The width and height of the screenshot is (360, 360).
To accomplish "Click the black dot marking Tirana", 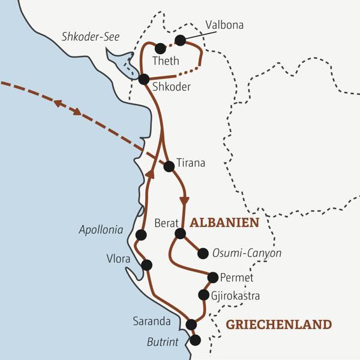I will pyautogui.click(x=169, y=166).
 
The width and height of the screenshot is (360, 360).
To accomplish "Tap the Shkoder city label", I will pyautogui.click(x=172, y=87).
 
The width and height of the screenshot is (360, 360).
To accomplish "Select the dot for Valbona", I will pyautogui.click(x=179, y=40).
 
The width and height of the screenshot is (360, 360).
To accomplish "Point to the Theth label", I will pyautogui.click(x=166, y=61).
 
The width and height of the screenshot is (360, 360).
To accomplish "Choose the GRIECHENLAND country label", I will pyautogui.click(x=278, y=325).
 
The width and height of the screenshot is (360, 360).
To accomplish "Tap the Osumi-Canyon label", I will pyautogui.click(x=247, y=254).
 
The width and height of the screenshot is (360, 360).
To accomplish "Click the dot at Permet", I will pyautogui.click(x=212, y=277).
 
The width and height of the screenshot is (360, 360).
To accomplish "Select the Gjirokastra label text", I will pyautogui.click(x=236, y=295).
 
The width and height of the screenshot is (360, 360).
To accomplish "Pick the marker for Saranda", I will pyautogui.click(x=191, y=325).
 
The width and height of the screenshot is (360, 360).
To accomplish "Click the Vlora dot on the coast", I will pyautogui.click(x=146, y=265).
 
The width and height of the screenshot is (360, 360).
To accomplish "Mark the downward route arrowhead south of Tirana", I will pyautogui.click(x=185, y=200).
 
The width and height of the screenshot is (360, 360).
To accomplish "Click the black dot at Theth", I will pyautogui.click(x=160, y=49).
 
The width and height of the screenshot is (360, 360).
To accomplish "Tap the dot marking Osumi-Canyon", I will pyautogui.click(x=203, y=253).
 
